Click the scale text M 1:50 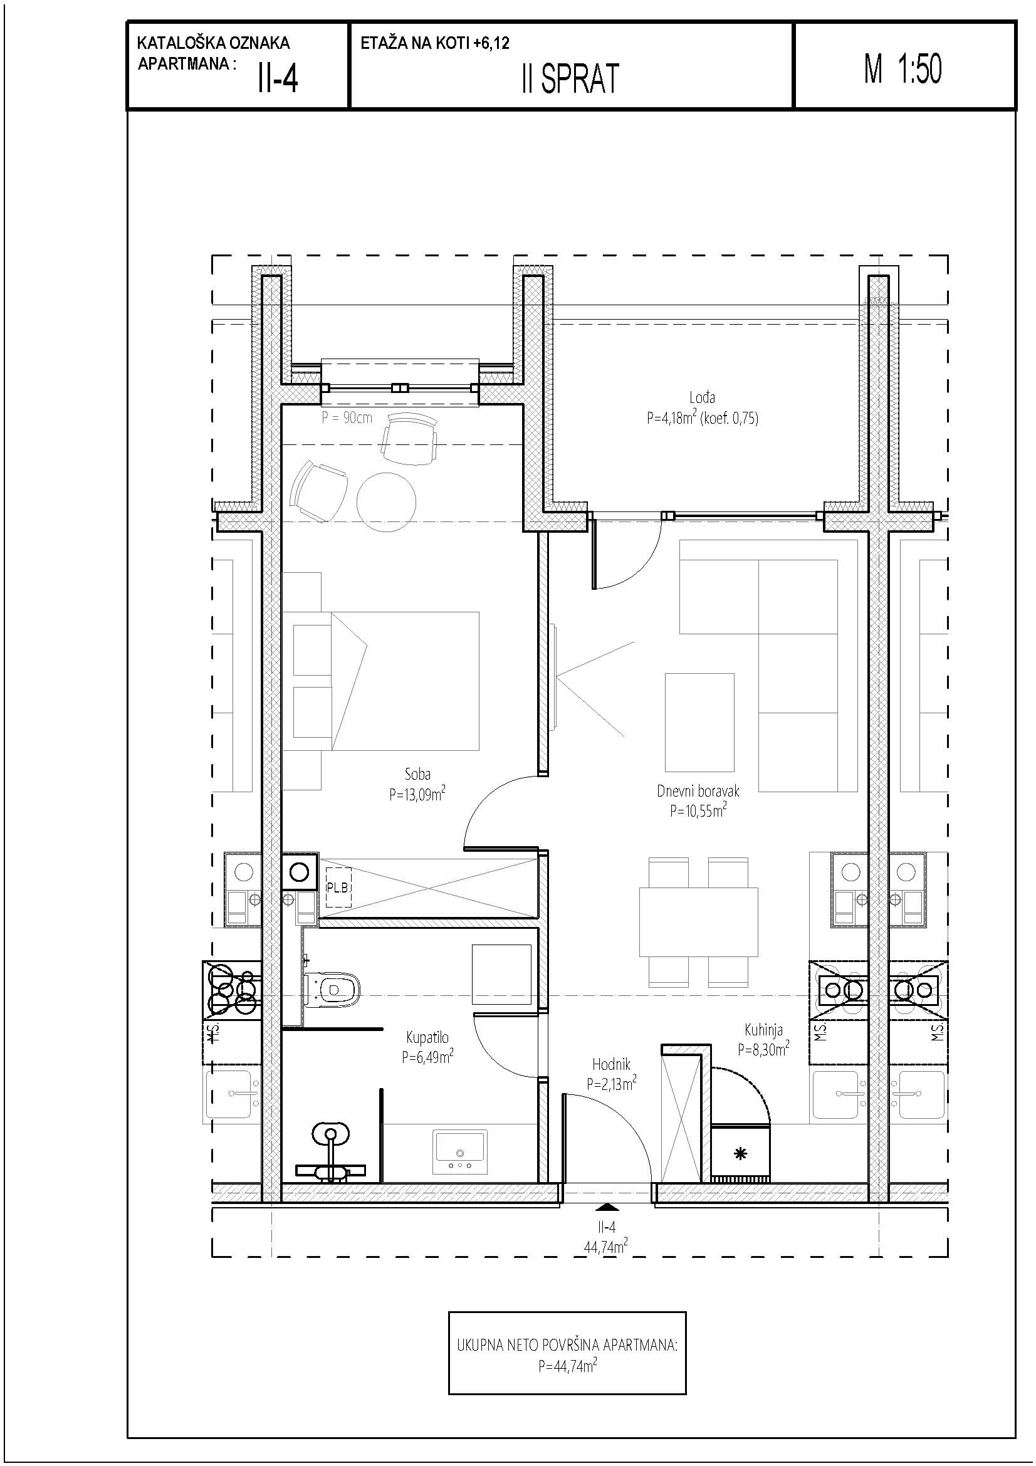tap(903, 68)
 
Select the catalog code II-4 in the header tap(278, 79)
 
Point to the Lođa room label tap(701, 398)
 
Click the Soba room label tap(417, 775)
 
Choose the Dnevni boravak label tap(698, 791)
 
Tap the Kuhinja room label tap(763, 1029)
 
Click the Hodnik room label tap(611, 1064)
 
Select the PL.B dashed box tap(338, 887)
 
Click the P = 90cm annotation tap(347, 418)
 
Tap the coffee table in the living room tap(699, 723)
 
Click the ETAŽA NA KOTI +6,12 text tap(435, 43)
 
